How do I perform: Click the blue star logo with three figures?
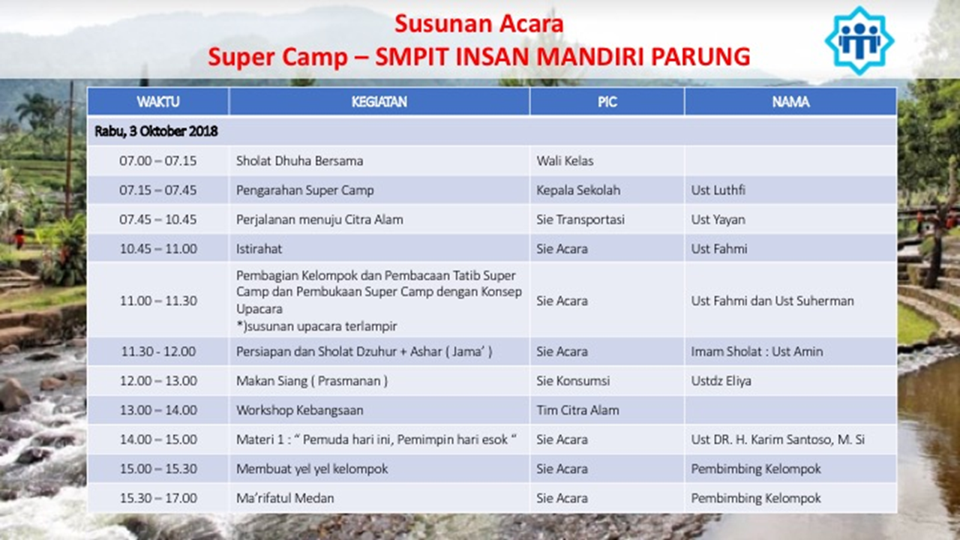[x=859, y=41]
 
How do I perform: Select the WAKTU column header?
[x=158, y=102]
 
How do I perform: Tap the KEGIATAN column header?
[x=379, y=102]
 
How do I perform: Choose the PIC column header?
[x=607, y=102]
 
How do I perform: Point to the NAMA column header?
[x=790, y=102]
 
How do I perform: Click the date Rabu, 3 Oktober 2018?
[x=156, y=131]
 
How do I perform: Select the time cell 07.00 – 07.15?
[x=158, y=160]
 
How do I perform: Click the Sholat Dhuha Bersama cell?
[x=299, y=160]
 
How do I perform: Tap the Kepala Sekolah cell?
[x=578, y=190]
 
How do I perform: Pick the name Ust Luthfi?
[x=718, y=190]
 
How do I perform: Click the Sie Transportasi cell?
[x=580, y=220]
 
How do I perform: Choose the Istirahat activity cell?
[x=259, y=248]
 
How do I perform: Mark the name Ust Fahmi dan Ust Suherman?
[x=772, y=301]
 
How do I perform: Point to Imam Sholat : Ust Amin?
[x=757, y=352]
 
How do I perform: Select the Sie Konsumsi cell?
[x=573, y=380]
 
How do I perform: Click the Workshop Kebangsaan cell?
[x=299, y=410]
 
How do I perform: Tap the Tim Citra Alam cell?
[x=577, y=410]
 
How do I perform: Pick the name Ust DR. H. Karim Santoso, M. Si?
[x=778, y=439]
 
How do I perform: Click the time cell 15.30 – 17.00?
[x=158, y=498]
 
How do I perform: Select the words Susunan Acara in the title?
[x=478, y=23]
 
